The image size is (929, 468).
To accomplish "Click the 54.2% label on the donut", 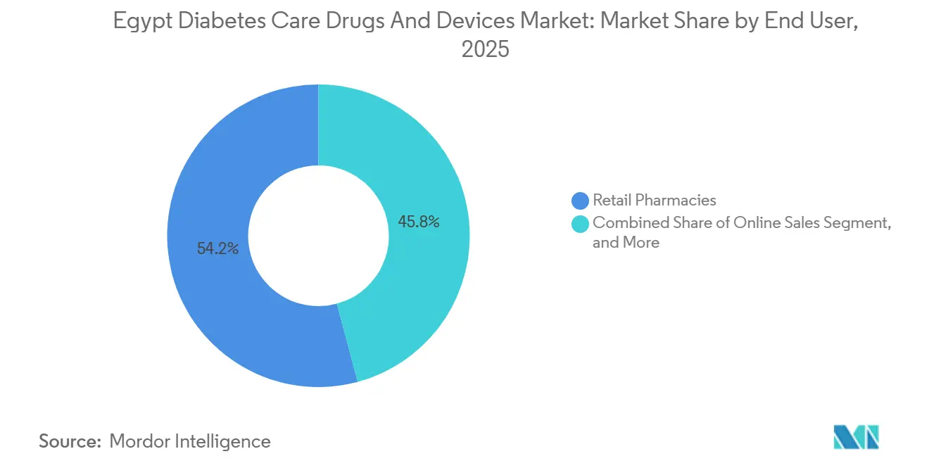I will [217, 248].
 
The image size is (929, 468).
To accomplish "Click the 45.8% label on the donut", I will [419, 222].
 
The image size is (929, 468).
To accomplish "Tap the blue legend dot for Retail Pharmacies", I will [581, 201].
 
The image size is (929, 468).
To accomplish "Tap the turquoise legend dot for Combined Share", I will [581, 223].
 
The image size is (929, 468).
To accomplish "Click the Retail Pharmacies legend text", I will [655, 201].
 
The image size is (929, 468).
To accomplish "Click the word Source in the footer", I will [70, 441].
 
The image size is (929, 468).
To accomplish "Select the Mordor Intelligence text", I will [190, 441].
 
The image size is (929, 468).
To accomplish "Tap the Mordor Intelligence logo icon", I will [856, 438].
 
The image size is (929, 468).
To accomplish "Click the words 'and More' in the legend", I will [626, 243].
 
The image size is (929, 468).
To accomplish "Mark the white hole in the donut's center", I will [318, 236].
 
